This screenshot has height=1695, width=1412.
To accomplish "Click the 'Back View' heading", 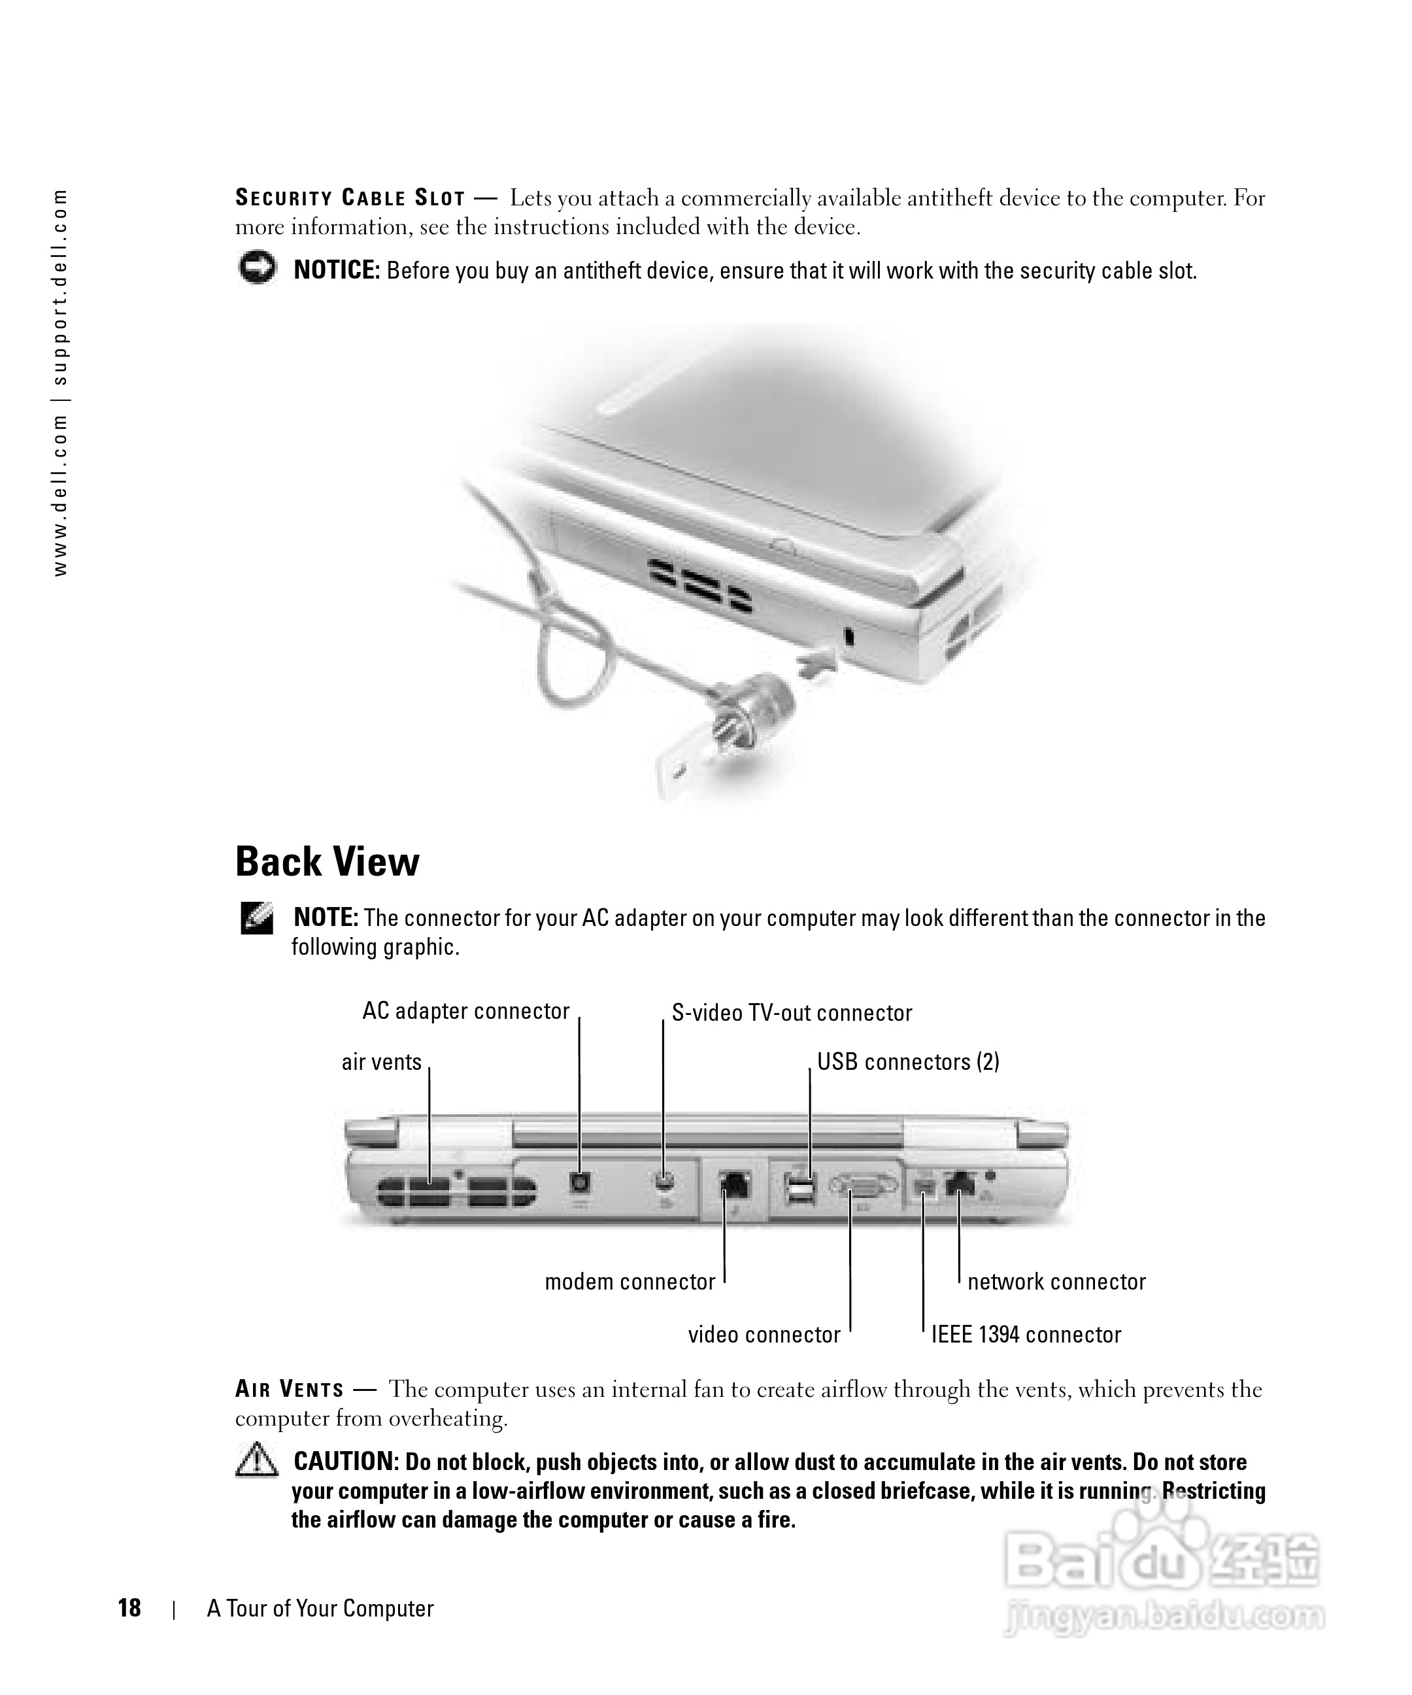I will [327, 862].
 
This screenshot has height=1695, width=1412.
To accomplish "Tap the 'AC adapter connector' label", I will [465, 1012].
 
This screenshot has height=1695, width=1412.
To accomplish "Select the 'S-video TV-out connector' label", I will [792, 1013].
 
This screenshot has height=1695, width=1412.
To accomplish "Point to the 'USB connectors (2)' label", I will [908, 1061].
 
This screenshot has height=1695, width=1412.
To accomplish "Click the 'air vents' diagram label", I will [382, 1061].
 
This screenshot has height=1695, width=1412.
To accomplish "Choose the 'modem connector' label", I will [630, 1282].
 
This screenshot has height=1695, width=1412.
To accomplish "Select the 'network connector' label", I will [1056, 1282].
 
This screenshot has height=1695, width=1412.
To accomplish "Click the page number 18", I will [129, 1608].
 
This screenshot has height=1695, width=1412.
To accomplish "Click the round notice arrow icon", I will [257, 268].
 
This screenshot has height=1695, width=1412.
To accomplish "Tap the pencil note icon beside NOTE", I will [257, 919].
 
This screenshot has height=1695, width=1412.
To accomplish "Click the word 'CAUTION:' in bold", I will [345, 1461].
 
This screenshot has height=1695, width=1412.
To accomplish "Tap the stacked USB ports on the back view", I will [799, 1191].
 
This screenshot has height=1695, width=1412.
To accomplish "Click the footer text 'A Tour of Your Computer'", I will [320, 1608].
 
